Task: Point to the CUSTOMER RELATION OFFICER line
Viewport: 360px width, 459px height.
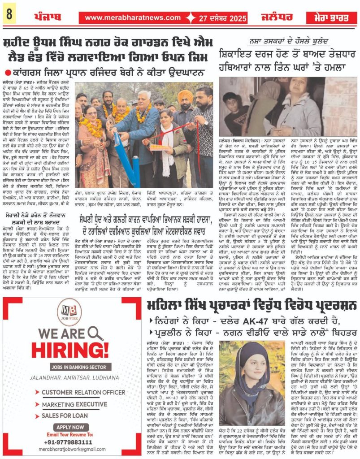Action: click(x=83, y=392)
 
